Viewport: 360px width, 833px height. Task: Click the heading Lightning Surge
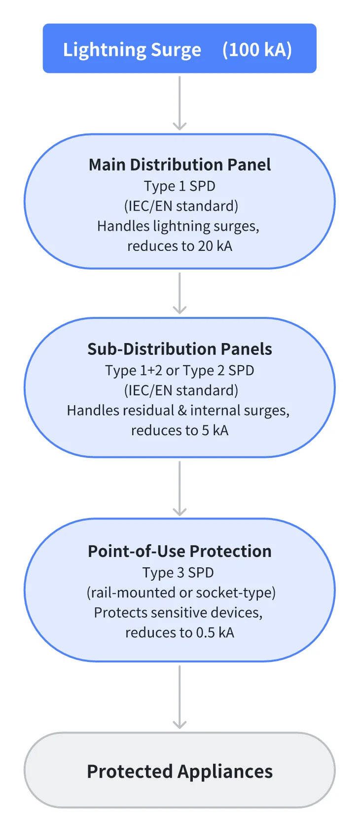(x=132, y=50)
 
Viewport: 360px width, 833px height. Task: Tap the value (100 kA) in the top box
(x=257, y=50)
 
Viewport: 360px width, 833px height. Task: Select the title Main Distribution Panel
(x=180, y=165)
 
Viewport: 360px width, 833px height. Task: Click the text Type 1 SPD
(x=180, y=186)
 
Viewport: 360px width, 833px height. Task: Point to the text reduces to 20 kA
(x=180, y=245)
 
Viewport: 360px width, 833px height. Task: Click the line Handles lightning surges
(x=178, y=226)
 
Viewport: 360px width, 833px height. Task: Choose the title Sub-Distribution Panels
(x=180, y=349)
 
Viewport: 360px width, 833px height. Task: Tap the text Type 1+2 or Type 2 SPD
(x=180, y=370)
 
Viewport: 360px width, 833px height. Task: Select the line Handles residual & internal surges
(x=178, y=410)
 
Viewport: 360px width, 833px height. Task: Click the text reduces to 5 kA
(x=180, y=430)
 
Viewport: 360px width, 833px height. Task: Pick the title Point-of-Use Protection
(x=180, y=551)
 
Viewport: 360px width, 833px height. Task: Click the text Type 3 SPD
(x=178, y=572)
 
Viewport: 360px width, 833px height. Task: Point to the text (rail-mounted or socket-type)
(x=181, y=592)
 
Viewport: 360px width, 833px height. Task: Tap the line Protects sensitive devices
(x=178, y=612)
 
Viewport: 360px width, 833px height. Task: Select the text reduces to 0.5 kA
(x=180, y=632)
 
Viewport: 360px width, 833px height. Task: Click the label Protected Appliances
(x=180, y=771)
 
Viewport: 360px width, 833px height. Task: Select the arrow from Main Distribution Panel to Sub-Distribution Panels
(x=180, y=293)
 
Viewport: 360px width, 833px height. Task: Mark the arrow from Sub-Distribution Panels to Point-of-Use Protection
(x=180, y=488)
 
